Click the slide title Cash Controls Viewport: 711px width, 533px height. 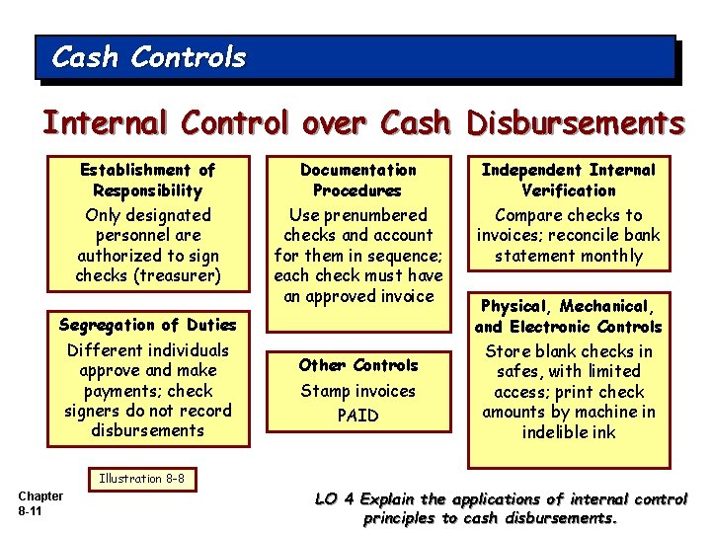click(x=148, y=58)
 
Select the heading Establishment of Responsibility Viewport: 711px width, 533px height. click(x=147, y=181)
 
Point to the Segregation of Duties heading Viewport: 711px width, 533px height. click(x=147, y=325)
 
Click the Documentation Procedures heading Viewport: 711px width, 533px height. click(x=357, y=181)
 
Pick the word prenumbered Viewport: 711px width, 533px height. click(x=375, y=215)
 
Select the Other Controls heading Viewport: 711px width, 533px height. click(x=357, y=365)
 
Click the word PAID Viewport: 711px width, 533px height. click(x=357, y=416)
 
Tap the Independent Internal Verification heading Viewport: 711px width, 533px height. click(x=568, y=181)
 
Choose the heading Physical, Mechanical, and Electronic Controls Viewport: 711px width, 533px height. click(x=568, y=317)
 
